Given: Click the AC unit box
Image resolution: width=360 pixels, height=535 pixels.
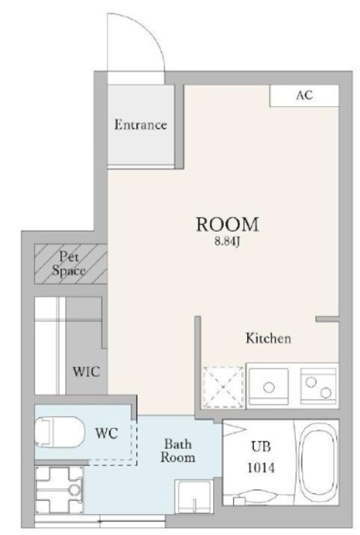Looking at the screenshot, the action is [304, 95].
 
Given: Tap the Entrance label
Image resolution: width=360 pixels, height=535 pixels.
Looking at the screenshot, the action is [140, 125].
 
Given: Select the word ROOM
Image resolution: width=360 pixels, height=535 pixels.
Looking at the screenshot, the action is [227, 224].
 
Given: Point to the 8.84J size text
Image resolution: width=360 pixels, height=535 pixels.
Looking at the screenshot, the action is [228, 242].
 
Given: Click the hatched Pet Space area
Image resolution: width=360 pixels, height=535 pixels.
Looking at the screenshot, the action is [71, 263].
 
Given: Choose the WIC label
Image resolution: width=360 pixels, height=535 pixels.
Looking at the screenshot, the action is [87, 371].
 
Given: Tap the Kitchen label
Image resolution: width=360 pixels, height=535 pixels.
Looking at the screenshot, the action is [269, 339].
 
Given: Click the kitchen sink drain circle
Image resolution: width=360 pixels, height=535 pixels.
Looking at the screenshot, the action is [269, 387].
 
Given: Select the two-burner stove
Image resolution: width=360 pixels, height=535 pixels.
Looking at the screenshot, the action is [319, 385].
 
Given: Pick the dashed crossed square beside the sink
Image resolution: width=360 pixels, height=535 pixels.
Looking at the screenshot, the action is [224, 387].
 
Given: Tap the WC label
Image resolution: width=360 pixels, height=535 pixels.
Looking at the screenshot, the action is [106, 433].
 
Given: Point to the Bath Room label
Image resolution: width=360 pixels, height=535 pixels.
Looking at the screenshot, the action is [178, 451].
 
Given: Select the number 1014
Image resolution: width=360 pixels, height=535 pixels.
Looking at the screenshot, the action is [261, 468].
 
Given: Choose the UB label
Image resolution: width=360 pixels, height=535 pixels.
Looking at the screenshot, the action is [261, 446].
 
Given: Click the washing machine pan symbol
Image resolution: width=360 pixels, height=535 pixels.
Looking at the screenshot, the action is [59, 490].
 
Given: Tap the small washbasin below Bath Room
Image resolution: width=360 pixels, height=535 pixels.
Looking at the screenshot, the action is [193, 496].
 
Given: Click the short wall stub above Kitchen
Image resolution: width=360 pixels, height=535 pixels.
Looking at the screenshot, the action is [327, 319].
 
